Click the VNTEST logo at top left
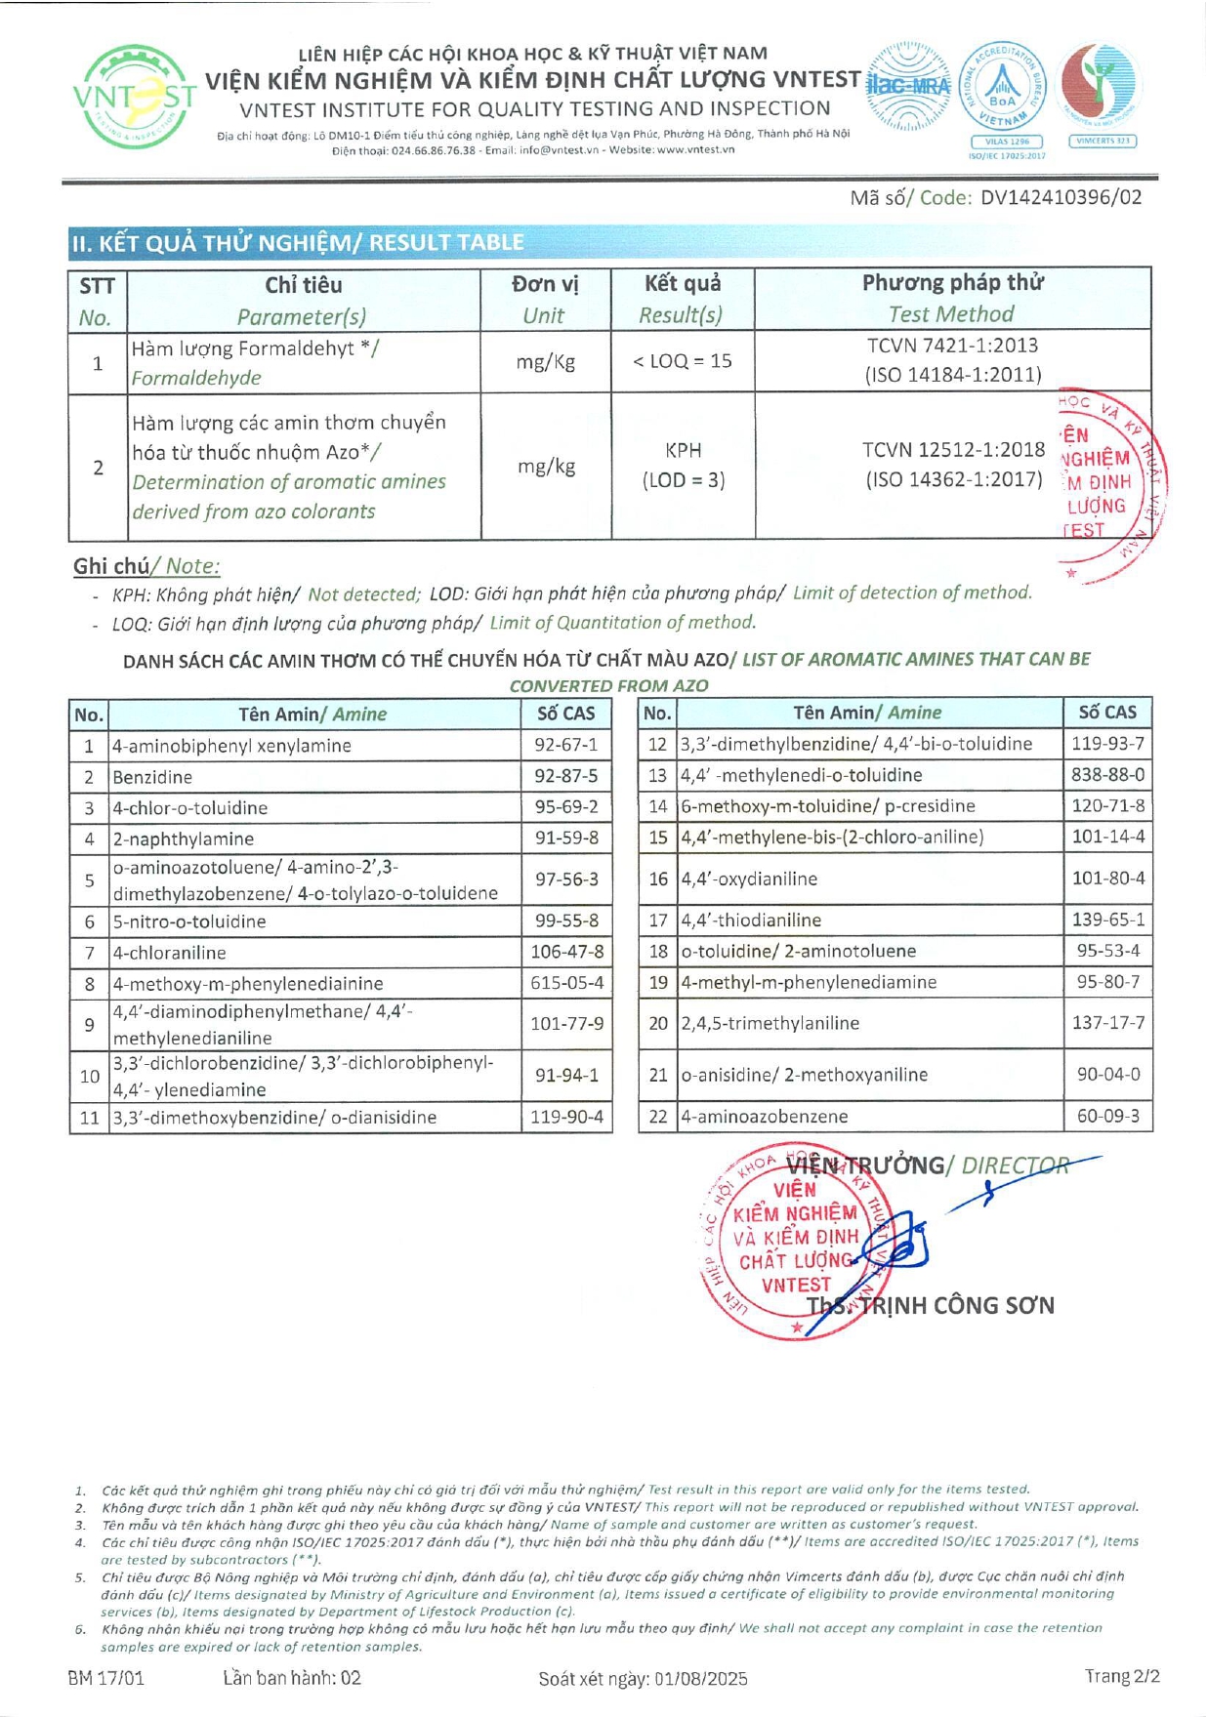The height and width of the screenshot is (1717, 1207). pos(134,97)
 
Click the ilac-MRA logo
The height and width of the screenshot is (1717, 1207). pos(908,86)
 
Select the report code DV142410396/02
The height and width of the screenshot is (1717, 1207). pos(1061,197)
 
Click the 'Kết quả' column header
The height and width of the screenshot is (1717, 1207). pos(683,284)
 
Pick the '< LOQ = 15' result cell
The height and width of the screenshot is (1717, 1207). pos(683,361)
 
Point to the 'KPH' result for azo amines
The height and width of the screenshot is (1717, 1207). pos(683,450)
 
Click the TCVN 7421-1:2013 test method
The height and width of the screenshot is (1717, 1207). pos(952,346)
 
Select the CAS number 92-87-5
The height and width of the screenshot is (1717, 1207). pos(566,777)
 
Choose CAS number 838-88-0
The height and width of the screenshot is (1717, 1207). pos(1107,775)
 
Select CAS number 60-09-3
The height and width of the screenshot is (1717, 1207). pos(1107,1116)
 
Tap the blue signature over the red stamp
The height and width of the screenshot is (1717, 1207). pos(898,1245)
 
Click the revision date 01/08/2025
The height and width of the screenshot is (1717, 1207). pos(701,1678)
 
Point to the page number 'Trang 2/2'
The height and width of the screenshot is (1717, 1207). pos(1122,1676)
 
